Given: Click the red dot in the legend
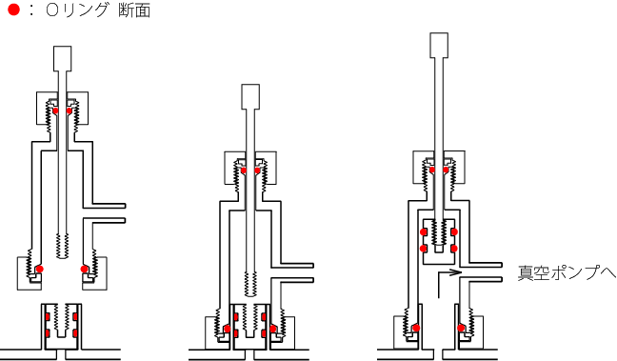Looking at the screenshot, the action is tap(13, 10).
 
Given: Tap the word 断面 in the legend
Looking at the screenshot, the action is tap(134, 10).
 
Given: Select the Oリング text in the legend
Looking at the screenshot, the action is tap(77, 10).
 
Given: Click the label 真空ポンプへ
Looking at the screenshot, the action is tap(567, 272).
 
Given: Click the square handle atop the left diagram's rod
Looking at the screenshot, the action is tap(62, 59).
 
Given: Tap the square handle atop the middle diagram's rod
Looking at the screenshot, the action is tap(250, 97).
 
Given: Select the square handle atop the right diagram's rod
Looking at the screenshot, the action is tap(439, 46).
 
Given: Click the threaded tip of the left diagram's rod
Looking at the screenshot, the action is tap(62, 246).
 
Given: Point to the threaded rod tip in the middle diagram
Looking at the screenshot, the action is tap(250, 284).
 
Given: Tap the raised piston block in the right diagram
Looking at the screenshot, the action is tap(439, 241).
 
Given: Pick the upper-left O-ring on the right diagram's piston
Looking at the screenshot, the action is tap(424, 231).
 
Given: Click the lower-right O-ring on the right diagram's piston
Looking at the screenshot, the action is tap(454, 249).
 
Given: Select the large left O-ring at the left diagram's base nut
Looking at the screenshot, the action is tap(39, 270).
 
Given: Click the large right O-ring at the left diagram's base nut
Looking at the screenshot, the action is tap(84, 270).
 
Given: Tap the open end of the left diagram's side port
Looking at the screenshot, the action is tap(125, 213).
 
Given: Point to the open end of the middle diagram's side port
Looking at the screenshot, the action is tap(313, 272).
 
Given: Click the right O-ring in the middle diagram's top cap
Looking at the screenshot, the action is tap(257, 170).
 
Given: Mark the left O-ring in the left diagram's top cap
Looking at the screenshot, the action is tap(55, 110).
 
